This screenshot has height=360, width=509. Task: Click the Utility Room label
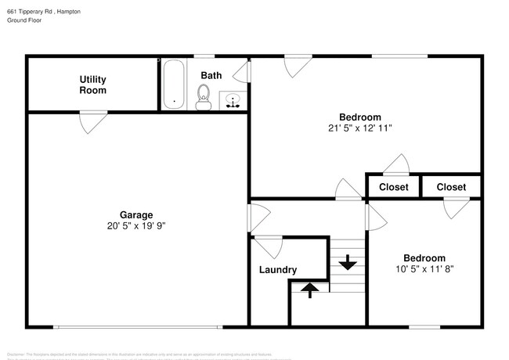pos(92,85)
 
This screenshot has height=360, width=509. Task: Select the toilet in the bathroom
pos(204,95)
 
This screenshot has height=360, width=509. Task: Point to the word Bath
pos(211,75)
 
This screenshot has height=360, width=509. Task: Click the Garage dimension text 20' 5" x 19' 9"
pos(136,225)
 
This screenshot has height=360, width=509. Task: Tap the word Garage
pos(136,214)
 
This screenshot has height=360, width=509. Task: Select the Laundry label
pos(278,270)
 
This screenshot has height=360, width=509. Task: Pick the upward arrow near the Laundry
pos(309,290)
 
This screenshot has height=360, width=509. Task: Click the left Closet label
pos(393,187)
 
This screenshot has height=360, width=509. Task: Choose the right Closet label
pos(451,187)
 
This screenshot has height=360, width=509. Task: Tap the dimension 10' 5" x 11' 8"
pos(424,268)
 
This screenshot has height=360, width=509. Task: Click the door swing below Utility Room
pos(92,122)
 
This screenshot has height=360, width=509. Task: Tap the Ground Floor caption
pos(24,21)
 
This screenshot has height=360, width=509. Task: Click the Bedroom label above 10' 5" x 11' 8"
pos(424,257)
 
